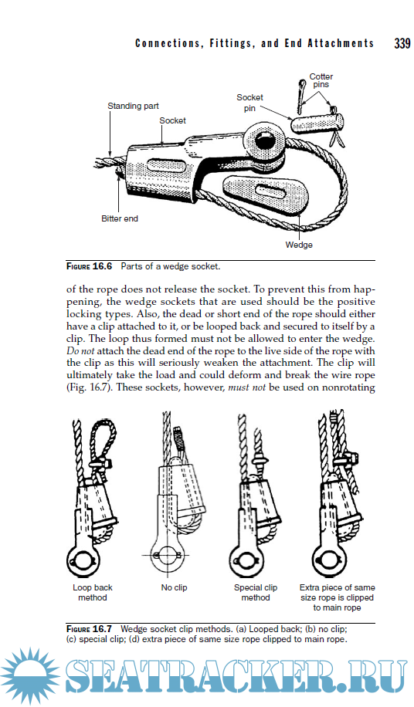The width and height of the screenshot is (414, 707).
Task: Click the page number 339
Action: tap(402, 43)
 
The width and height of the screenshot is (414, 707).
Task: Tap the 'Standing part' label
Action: tap(133, 106)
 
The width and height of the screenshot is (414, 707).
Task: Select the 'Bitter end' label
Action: tap(120, 218)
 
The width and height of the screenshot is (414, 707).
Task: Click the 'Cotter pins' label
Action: tap(321, 80)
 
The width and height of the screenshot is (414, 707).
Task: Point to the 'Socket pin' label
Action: tap(249, 103)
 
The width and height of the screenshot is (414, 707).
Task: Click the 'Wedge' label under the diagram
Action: tap(299, 245)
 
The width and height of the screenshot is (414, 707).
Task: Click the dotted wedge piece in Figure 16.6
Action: tap(264, 191)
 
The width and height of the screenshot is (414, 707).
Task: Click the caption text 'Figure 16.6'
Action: tap(89, 266)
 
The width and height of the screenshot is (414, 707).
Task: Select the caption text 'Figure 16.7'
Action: tap(89, 628)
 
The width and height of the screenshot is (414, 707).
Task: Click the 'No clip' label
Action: tap(174, 587)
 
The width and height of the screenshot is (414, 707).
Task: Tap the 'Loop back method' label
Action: tap(93, 593)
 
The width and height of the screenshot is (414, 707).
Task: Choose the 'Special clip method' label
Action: tap(255, 593)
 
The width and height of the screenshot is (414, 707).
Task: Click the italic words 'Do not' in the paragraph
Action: tap(81, 350)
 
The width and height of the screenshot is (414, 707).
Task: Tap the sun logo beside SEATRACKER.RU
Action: tap(30, 676)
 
